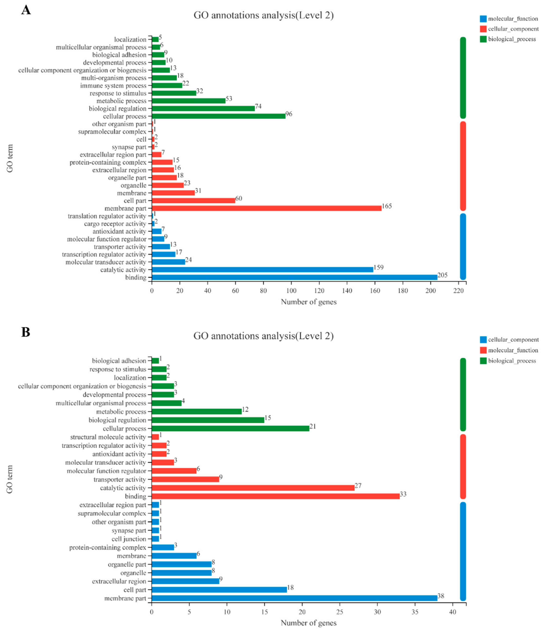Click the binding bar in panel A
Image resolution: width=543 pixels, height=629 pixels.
294,277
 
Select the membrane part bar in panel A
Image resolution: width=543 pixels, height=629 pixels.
266,208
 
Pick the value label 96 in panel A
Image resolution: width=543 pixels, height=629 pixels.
289,114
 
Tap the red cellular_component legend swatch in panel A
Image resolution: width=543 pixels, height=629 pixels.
483,29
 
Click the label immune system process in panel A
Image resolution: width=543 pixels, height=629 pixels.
113,86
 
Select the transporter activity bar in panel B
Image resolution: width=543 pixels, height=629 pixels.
185,479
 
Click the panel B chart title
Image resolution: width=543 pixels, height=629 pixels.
264,336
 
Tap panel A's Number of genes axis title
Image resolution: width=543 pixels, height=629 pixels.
309,302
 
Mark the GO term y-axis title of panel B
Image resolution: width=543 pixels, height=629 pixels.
10,479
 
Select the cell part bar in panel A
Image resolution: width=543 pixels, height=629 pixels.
193,201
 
